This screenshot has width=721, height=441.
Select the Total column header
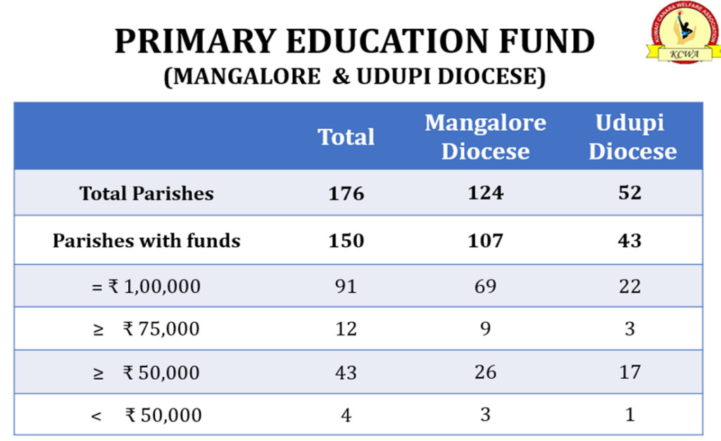pos(346,136)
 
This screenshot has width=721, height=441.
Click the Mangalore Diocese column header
pos(485,136)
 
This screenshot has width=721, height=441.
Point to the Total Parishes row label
pos(146,193)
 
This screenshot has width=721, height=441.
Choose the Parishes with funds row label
pos(146,241)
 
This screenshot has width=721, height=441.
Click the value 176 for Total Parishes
pos(346,193)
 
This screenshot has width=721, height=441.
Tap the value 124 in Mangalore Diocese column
pos(485,193)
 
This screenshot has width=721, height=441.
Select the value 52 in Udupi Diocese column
pos(630,193)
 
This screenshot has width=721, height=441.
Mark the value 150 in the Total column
pos(346,241)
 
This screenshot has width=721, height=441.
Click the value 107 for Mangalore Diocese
pos(485,241)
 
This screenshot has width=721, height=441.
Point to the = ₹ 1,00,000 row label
pos(146,286)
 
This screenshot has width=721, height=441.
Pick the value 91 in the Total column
pos(346,286)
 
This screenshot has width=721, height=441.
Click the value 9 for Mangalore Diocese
pos(485,328)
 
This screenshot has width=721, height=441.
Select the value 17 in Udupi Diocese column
pos(630,371)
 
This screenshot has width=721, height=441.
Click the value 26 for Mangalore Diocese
pos(485,371)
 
